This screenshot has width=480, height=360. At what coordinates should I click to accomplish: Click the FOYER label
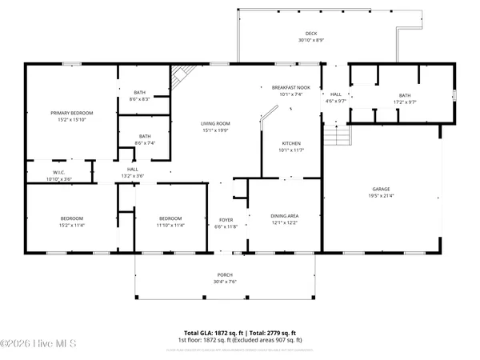click(x=226, y=220)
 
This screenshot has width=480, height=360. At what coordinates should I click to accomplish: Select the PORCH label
click(x=225, y=275)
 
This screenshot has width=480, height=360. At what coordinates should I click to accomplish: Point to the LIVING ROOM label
click(x=215, y=123)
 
